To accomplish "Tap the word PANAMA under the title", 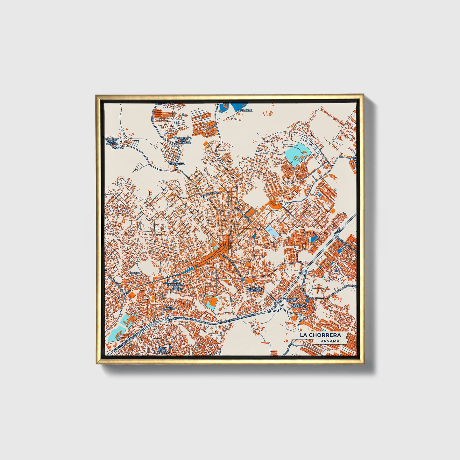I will [x=330, y=341].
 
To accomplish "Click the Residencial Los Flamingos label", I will [x=183, y=140].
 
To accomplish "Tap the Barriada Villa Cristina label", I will [x=112, y=141].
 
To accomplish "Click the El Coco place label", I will [x=134, y=273].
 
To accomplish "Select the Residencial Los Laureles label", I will [x=175, y=286].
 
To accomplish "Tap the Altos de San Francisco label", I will [x=162, y=350].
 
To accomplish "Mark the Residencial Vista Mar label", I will [x=298, y=306].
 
